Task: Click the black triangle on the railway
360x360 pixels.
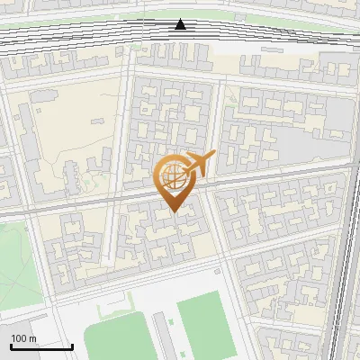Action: (x=181, y=25)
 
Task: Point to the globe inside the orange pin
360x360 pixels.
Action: (x=172, y=176)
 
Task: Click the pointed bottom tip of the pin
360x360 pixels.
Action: (x=174, y=211)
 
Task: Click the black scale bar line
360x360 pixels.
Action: (x=41, y=346)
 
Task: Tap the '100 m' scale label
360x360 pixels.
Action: (x=23, y=337)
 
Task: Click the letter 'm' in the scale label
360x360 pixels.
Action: (x=32, y=337)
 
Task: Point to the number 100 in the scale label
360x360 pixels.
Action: (x=19, y=337)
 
